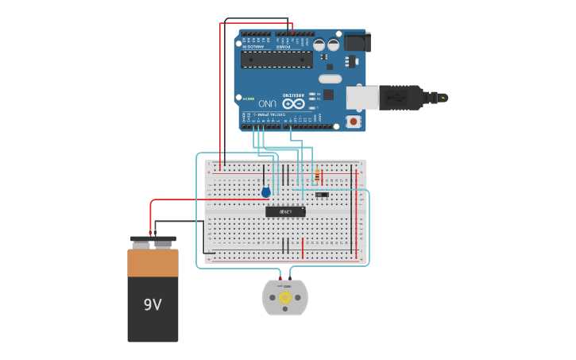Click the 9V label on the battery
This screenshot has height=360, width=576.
coord(153,304)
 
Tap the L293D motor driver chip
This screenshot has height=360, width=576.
coord(285,211)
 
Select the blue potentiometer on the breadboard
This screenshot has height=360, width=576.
coord(265,192)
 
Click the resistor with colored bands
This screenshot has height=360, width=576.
coord(317,176)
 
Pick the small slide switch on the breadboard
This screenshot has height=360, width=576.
coord(321,194)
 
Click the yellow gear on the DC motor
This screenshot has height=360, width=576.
coord(285,297)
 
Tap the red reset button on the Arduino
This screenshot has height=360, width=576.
coord(354,122)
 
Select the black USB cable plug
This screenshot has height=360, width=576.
coord(402,97)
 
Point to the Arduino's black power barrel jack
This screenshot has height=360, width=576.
coord(357,42)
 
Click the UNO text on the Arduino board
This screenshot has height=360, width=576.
coord(268,103)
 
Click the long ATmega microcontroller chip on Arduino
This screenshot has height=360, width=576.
coord(276,60)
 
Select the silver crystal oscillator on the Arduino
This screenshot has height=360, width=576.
coord(330,79)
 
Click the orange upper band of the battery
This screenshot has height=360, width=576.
coord(153,263)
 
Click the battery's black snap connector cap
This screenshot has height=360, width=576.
coord(153,239)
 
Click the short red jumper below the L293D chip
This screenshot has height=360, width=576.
coord(303,248)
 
